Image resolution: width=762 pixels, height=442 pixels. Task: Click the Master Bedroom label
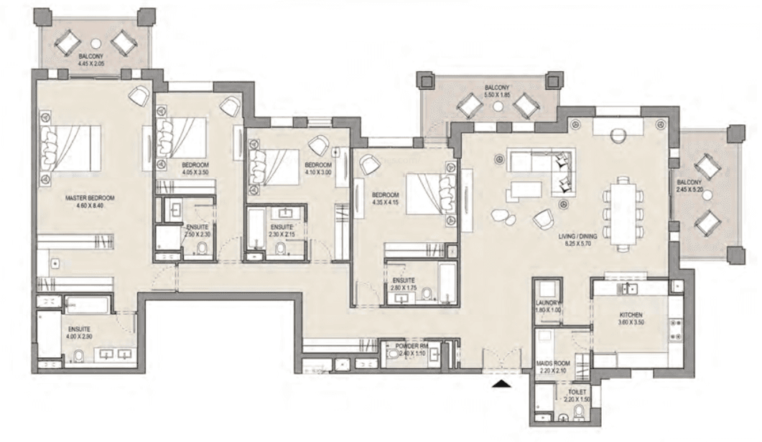pyautogui.click(x=90, y=198)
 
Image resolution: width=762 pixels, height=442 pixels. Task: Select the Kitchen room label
pyautogui.click(x=631, y=316)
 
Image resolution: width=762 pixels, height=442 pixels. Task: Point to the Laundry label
pyautogui.click(x=548, y=303)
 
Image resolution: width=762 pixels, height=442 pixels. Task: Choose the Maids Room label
pyautogui.click(x=554, y=364)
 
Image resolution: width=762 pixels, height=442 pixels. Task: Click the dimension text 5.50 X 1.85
pyautogui.click(x=496, y=95)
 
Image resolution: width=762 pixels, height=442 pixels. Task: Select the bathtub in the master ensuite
pyautogui.click(x=86, y=305)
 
